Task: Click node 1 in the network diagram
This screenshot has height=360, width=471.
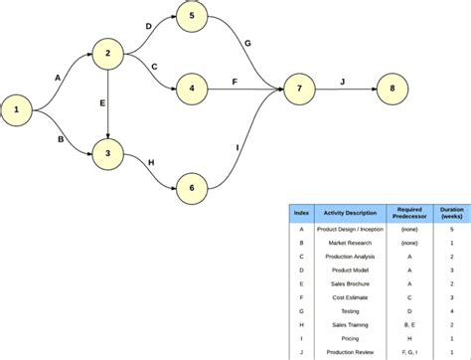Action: (x=16, y=110)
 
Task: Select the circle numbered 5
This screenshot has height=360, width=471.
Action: (x=192, y=17)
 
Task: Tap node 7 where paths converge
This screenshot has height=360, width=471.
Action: (x=299, y=90)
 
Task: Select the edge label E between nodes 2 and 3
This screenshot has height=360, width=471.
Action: (x=100, y=102)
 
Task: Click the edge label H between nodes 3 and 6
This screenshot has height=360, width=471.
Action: (x=150, y=161)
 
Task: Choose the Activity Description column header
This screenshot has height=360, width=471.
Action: (x=347, y=213)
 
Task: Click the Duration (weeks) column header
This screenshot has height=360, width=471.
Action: (x=451, y=213)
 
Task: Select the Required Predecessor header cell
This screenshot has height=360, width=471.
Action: (x=408, y=213)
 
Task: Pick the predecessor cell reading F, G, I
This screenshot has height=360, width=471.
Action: (x=408, y=352)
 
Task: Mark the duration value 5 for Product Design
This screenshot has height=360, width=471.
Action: (x=451, y=229)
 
